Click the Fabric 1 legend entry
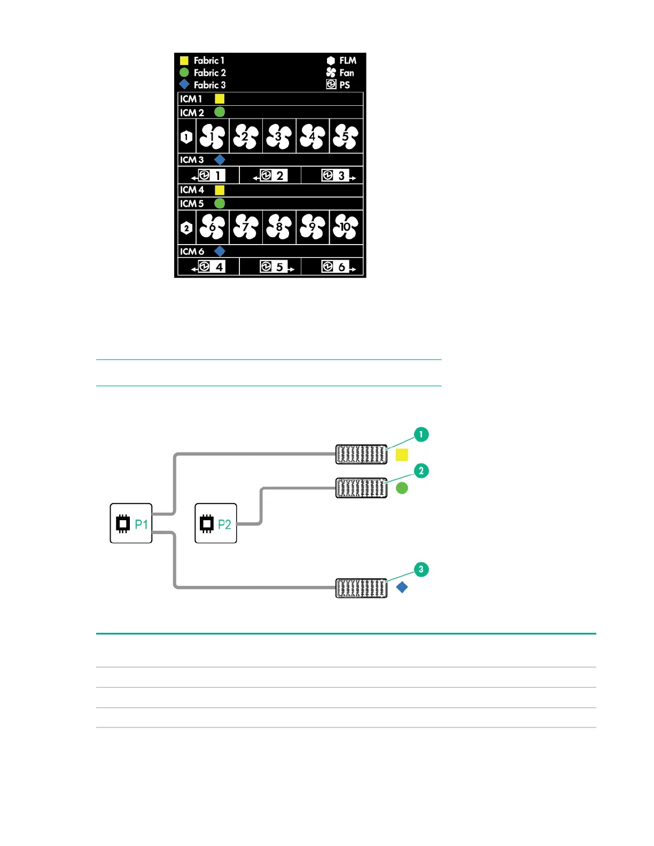202,60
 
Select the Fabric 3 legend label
209,85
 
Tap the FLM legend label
348,60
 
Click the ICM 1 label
190,99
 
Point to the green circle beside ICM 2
220,112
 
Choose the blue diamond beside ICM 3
220,160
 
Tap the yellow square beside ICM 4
220,190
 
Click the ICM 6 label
192,252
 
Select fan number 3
279,136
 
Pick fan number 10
346,226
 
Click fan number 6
212,226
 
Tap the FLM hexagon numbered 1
186,137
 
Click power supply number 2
274,176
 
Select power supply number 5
274,267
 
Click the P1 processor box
131,523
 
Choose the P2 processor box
216,523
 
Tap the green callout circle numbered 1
421,435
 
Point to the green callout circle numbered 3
421,569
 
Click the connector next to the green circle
362,488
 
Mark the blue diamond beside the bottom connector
402,587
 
